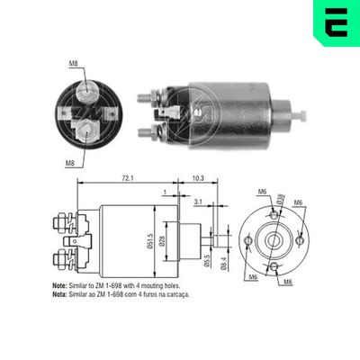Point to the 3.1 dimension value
pos(198,203)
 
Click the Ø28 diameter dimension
pos(163,240)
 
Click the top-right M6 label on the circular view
pos(299,202)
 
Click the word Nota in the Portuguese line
pos(58,293)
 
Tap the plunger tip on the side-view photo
pos(301,115)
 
